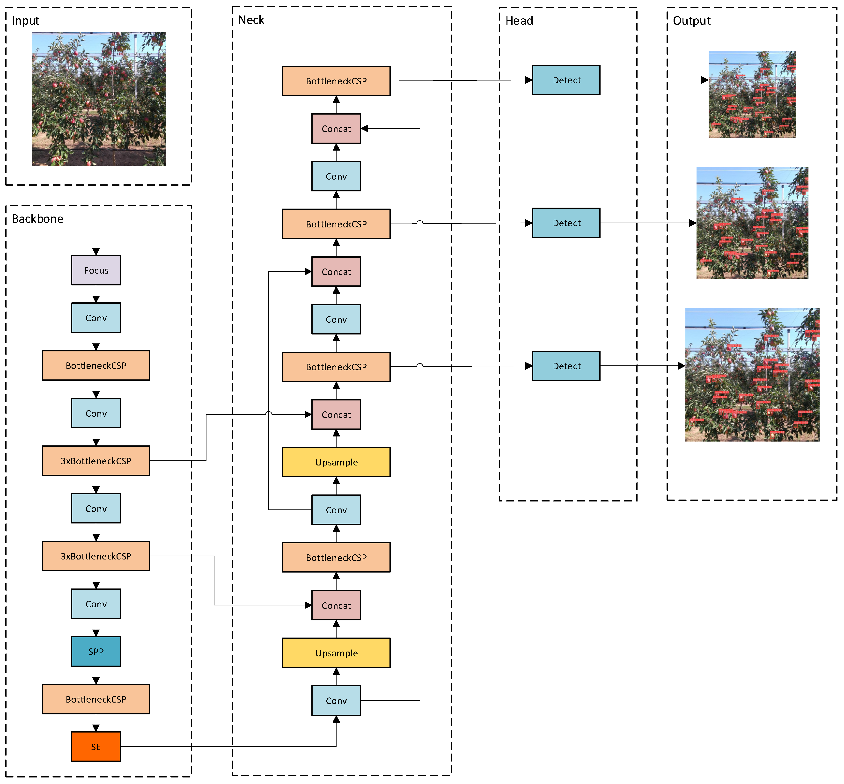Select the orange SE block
click(96, 747)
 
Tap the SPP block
click(96, 651)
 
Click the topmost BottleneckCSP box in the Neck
click(336, 81)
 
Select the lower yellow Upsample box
click(336, 653)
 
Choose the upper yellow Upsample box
click(336, 462)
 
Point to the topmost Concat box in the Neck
click(336, 129)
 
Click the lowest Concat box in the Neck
click(336, 605)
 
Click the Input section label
click(25, 21)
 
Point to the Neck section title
click(251, 20)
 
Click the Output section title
click(692, 21)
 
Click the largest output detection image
click(752, 375)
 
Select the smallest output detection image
click(752, 94)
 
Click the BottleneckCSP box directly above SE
click(96, 699)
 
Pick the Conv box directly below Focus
click(96, 318)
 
